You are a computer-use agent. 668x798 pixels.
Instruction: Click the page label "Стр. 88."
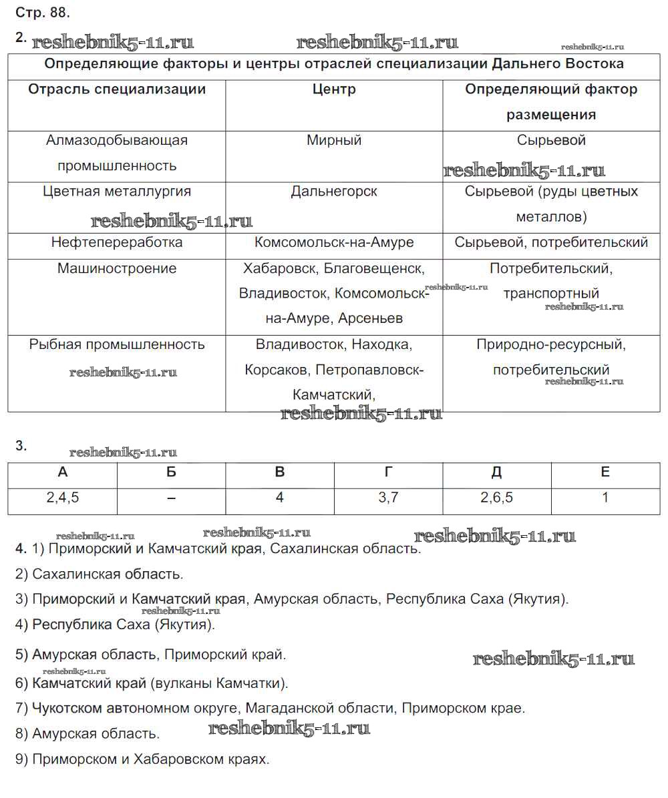pos(42,12)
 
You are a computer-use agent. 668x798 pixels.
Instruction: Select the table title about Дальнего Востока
pos(334,64)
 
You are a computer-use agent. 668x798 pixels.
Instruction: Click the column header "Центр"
pos(334,89)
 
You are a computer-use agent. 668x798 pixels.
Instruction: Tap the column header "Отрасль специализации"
pos(117,89)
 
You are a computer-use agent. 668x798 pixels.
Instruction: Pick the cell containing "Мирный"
pos(334,141)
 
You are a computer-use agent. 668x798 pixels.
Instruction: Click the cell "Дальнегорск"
pos(334,191)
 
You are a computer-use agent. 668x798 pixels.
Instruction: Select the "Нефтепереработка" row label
pos(117,242)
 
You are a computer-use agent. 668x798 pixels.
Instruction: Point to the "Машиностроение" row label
pos(117,268)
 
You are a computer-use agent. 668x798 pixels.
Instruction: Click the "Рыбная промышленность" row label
pos(117,345)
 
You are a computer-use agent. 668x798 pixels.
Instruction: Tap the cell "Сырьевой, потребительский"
pos(551,242)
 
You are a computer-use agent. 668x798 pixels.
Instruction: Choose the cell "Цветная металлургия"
pos(117,191)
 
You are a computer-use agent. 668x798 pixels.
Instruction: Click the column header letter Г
pos(389,472)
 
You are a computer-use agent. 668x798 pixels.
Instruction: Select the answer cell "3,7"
pos(389,498)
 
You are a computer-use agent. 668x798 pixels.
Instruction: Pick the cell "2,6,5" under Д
pos(497,498)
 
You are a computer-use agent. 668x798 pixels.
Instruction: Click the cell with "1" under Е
pos(605,498)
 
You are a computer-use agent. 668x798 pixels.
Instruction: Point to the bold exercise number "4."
pos(21,549)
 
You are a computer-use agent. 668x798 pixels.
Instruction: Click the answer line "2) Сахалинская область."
pos(99,574)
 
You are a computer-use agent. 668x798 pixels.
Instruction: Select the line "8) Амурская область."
pos(88,734)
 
